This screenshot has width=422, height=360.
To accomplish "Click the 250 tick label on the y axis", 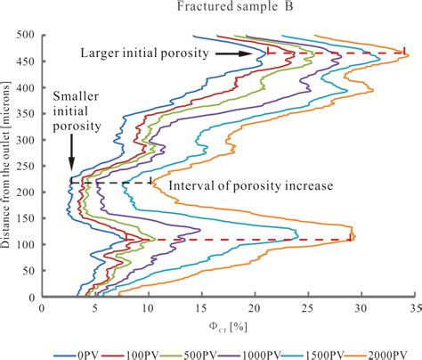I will point(26,167).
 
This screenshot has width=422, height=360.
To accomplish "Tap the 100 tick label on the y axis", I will point(26,245).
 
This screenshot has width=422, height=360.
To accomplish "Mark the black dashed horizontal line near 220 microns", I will point(111,183).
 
